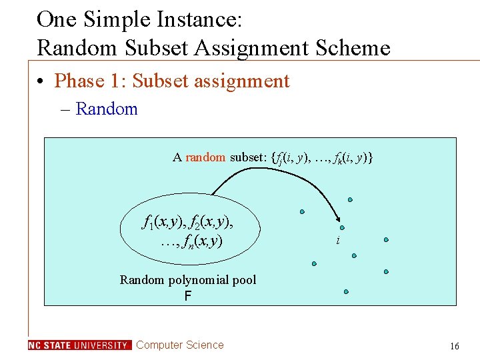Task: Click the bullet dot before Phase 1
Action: click(x=41, y=82)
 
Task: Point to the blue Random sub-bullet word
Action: click(x=107, y=109)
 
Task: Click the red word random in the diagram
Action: click(x=205, y=157)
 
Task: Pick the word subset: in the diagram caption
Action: click(x=248, y=157)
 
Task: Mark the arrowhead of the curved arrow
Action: click(x=337, y=221)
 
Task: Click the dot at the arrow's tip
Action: click(x=342, y=227)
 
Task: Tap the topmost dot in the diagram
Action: click(x=350, y=199)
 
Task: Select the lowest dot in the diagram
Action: click(x=346, y=291)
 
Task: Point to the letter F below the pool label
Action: click(x=188, y=294)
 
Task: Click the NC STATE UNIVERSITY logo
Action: click(x=80, y=345)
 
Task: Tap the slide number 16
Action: click(x=455, y=346)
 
